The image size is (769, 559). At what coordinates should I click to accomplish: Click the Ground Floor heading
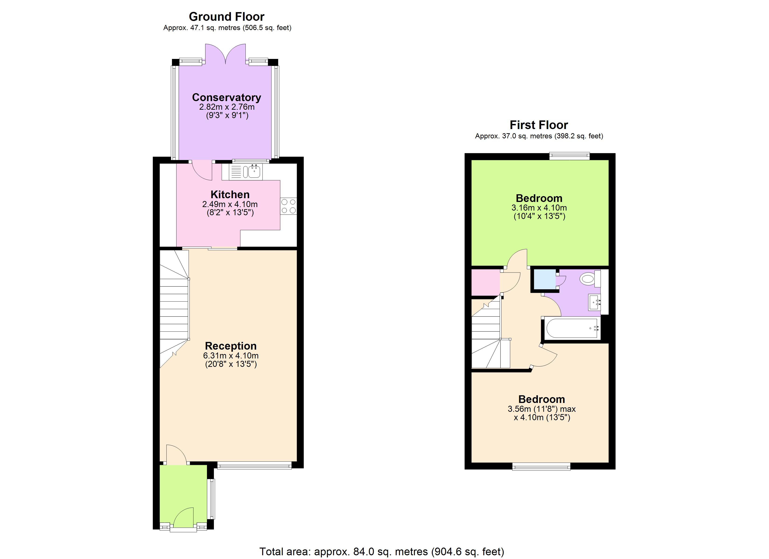click(227, 17)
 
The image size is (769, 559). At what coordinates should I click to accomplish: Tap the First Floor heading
click(539, 125)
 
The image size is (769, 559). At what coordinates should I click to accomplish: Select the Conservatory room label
click(227, 98)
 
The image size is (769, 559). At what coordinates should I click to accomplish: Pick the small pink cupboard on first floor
click(485, 282)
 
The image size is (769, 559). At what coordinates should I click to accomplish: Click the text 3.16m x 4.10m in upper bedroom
click(539, 208)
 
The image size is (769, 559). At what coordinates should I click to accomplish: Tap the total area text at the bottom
click(382, 552)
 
